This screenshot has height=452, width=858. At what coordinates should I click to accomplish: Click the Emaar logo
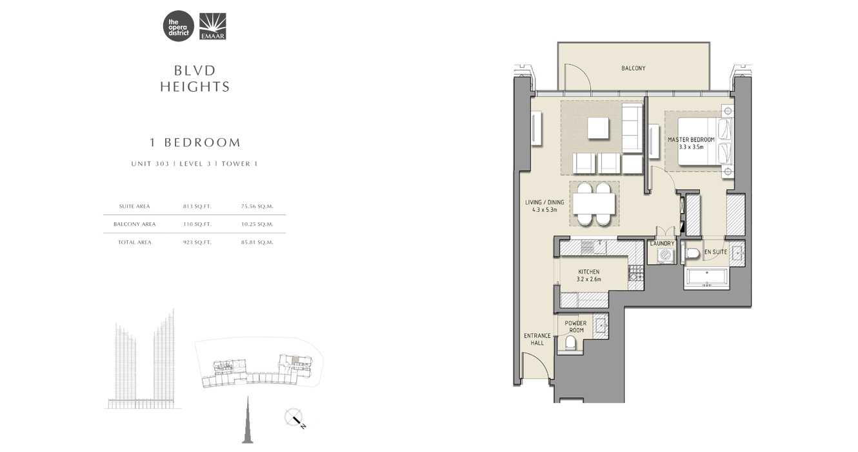point(212,27)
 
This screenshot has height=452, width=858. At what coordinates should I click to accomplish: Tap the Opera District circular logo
point(179,27)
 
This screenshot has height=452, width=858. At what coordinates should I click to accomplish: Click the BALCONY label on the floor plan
point(633,68)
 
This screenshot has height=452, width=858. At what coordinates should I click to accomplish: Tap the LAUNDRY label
point(662,243)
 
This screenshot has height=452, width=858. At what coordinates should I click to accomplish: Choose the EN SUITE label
point(715,252)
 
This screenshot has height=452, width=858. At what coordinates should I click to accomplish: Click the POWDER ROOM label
point(575,327)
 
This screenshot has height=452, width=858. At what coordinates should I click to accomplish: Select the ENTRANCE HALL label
point(537,339)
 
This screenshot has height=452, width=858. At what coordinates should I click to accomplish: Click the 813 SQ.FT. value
point(197,207)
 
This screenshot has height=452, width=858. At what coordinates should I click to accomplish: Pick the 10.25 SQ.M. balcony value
point(257,224)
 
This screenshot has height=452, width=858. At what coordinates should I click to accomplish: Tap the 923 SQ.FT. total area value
point(197,242)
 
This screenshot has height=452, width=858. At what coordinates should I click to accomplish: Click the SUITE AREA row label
point(134,207)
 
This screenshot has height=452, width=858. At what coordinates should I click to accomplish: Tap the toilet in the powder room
point(572,343)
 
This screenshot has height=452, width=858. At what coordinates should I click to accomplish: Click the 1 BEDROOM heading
point(195,143)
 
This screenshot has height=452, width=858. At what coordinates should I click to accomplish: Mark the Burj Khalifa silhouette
point(247,423)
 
